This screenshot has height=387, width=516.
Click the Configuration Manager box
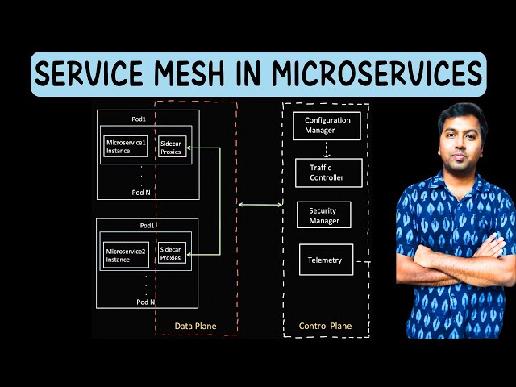[327, 125]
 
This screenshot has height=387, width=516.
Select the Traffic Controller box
[326, 173]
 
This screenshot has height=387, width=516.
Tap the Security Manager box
[324, 215]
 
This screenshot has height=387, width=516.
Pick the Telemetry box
[325, 260]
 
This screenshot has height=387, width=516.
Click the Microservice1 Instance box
[125, 147]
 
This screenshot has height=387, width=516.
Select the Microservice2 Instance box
[125, 256]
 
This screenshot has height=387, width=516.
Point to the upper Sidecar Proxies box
[171, 146]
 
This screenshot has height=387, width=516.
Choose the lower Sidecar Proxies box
[171, 252]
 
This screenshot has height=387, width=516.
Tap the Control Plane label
[325, 326]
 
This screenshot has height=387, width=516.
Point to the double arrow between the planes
[260, 206]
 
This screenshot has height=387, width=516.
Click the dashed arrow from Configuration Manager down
[326, 150]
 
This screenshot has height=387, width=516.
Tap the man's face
[463, 139]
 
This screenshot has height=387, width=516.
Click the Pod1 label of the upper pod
[139, 119]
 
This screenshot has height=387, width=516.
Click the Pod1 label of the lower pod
[146, 226]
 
